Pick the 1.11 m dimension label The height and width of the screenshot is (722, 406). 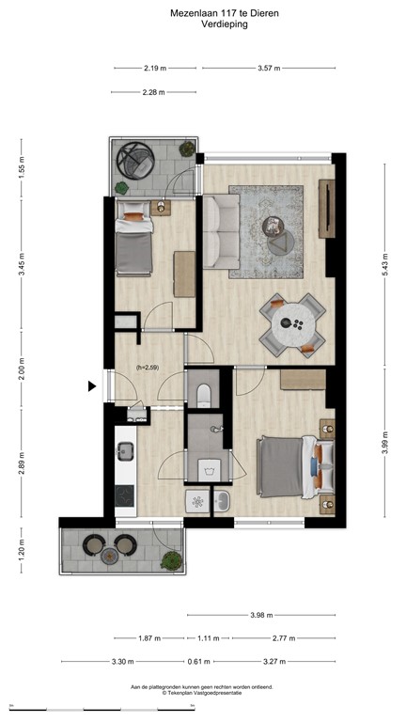pyautogui.click(x=209, y=638)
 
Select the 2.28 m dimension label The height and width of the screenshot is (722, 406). pyautogui.click(x=153, y=92)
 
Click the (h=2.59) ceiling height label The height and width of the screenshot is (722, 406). pyautogui.click(x=149, y=368)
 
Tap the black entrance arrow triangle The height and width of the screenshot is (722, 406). pyautogui.click(x=92, y=385)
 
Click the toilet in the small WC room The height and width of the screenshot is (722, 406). pyautogui.click(x=205, y=393)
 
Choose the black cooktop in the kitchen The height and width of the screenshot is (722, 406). pyautogui.click(x=124, y=495)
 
